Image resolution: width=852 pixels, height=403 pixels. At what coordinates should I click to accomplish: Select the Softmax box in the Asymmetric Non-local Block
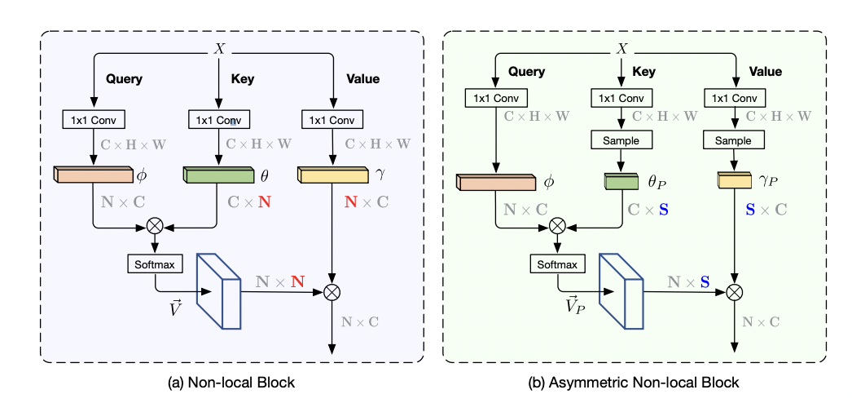coord(557,264)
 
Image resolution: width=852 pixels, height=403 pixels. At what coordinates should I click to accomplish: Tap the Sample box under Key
coord(621,140)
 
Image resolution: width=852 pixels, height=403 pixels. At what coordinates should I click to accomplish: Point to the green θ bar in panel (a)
coord(217,175)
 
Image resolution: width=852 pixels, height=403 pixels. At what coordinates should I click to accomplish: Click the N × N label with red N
coord(281,281)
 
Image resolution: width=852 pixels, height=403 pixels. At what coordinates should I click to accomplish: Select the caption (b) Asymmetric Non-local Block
coord(635,381)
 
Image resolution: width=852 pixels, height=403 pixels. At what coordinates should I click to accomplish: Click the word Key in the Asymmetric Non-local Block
coord(644,72)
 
